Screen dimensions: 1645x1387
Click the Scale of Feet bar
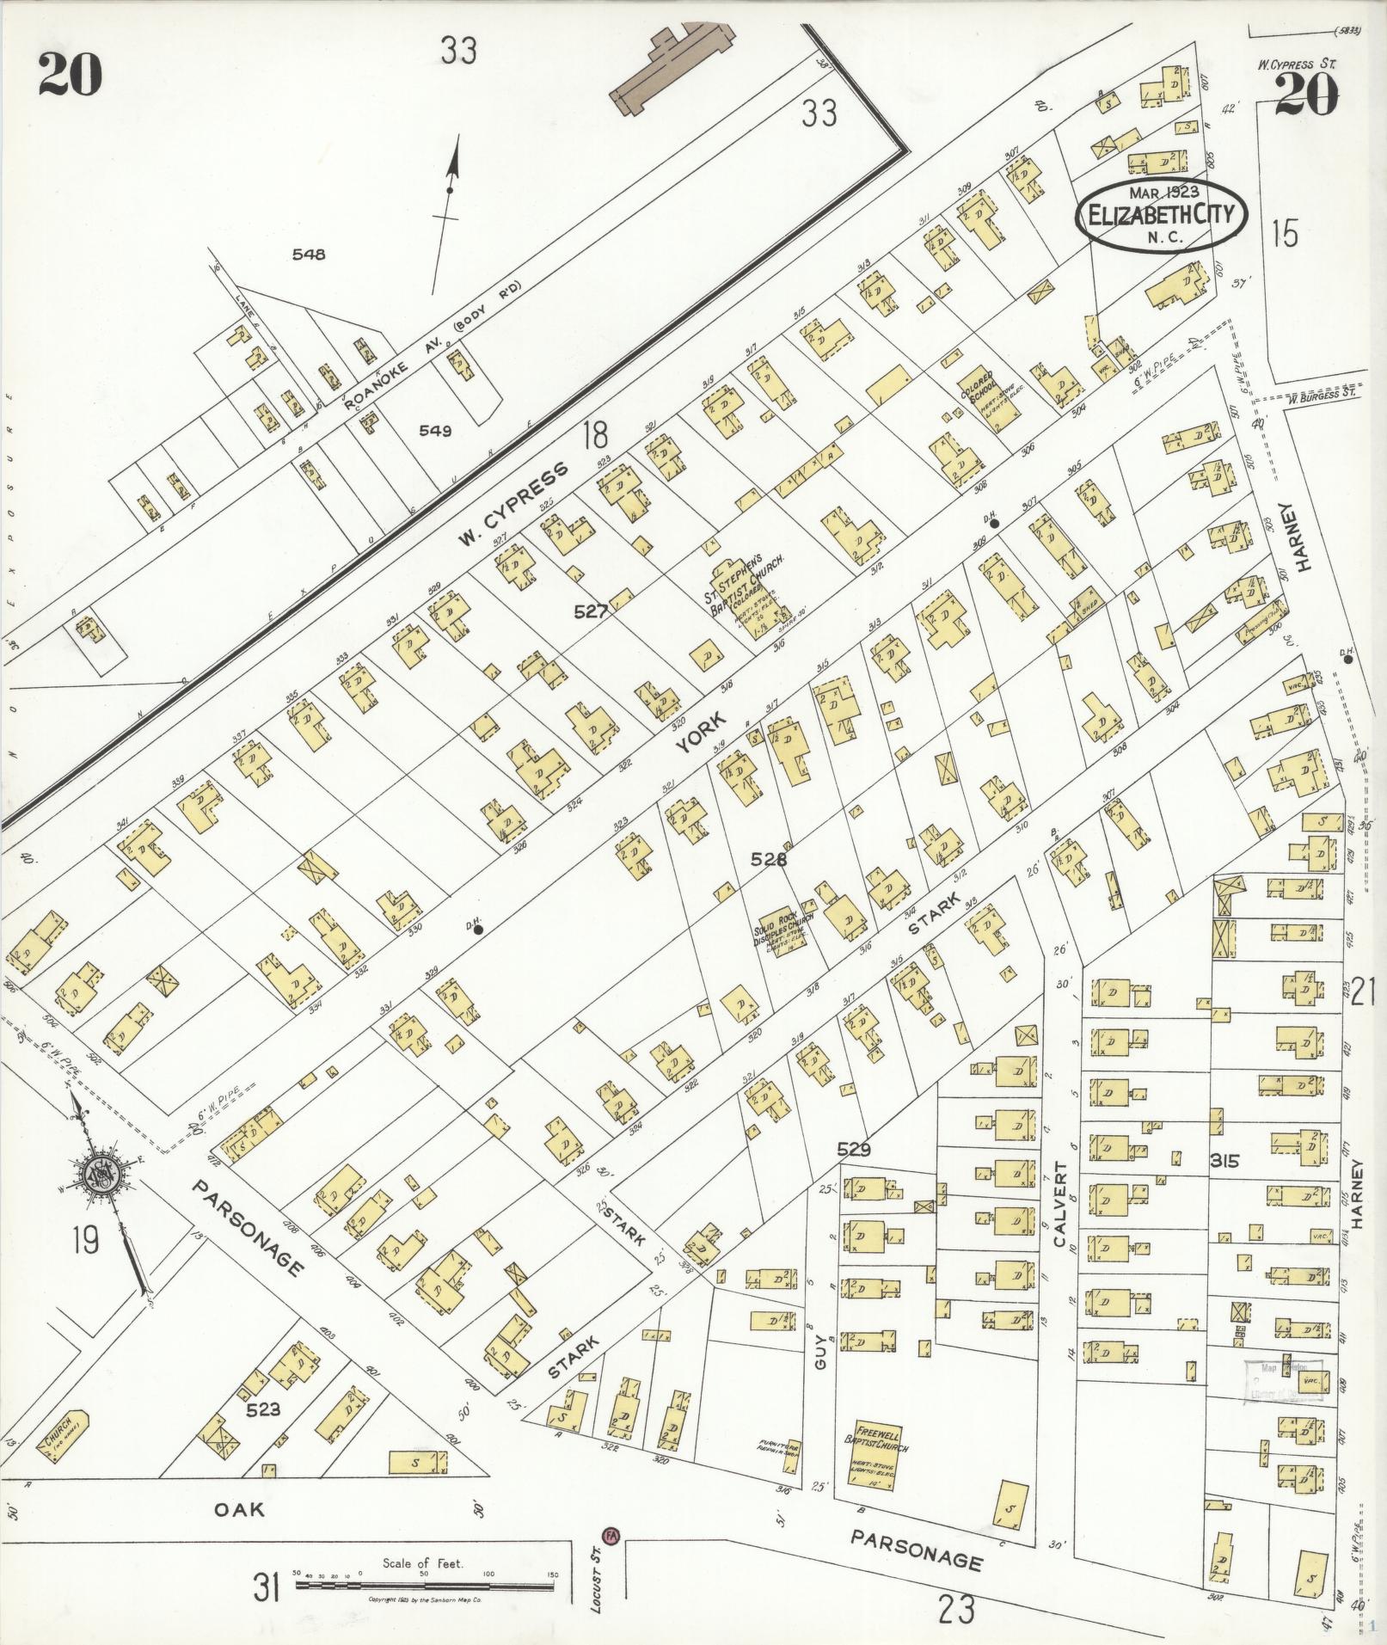(x=426, y=1577)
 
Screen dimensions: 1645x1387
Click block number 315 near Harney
(x=1224, y=1161)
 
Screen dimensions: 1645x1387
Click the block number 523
(x=264, y=1409)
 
